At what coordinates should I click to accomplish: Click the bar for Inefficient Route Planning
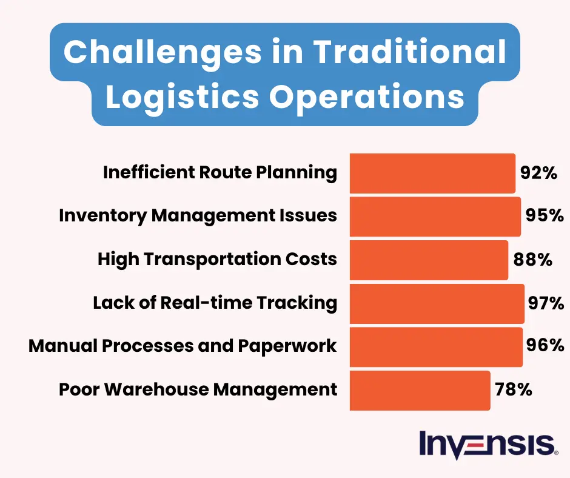click(432, 173)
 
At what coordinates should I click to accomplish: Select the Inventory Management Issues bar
click(435, 217)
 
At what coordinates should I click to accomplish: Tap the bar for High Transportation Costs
click(429, 260)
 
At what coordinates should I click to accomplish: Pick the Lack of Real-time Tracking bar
click(437, 303)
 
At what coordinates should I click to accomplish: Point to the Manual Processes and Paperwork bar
click(436, 346)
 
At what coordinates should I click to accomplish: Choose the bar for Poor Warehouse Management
click(420, 390)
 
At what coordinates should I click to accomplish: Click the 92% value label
click(538, 173)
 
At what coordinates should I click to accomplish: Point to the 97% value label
click(546, 303)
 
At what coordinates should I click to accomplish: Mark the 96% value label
click(546, 346)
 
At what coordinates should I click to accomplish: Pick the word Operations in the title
click(365, 98)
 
